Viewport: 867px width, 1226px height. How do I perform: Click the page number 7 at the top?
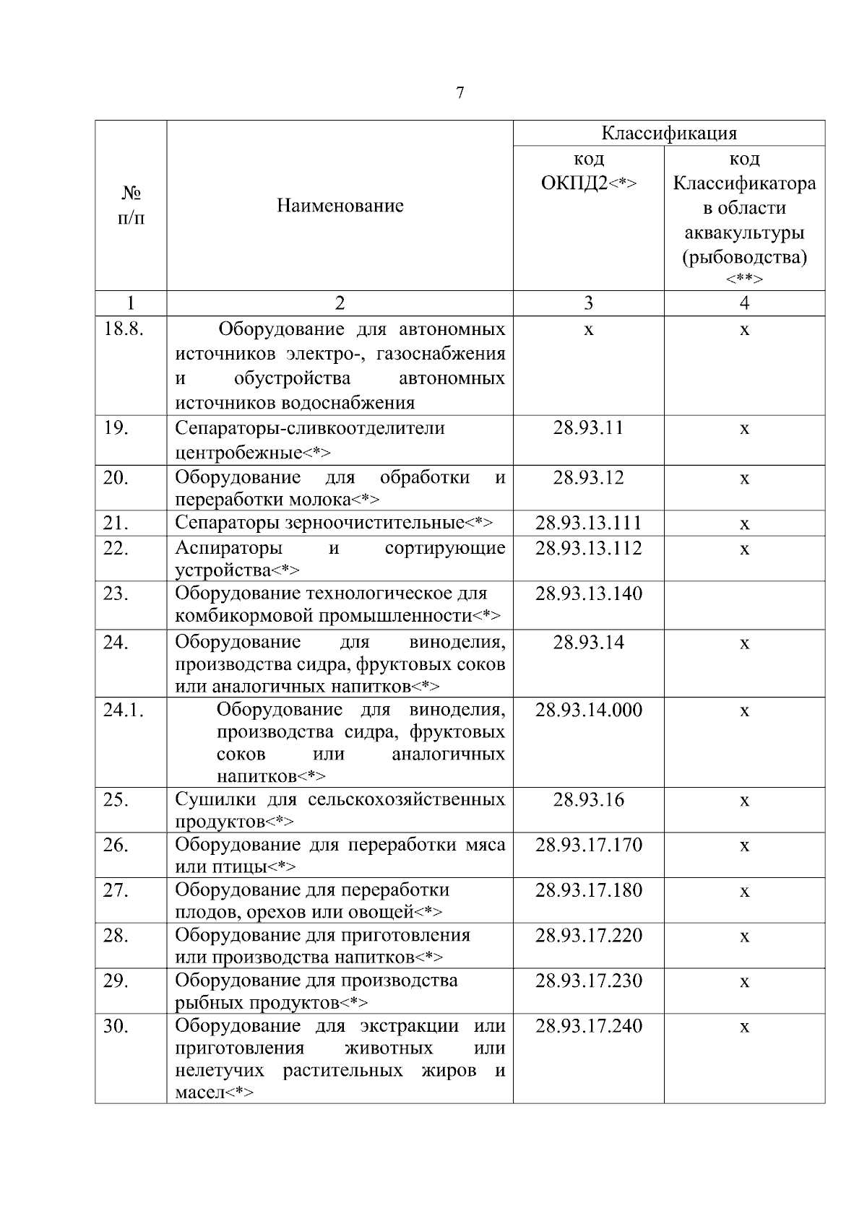pyautogui.click(x=460, y=94)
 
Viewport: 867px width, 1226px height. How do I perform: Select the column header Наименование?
pyautogui.click(x=340, y=206)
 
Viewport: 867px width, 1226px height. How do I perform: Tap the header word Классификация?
pyautogui.click(x=669, y=134)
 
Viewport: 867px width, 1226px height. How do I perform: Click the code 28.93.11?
pyautogui.click(x=588, y=428)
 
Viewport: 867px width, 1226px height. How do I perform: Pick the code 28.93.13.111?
pyautogui.click(x=588, y=523)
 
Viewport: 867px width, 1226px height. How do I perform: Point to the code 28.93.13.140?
pyautogui.click(x=588, y=594)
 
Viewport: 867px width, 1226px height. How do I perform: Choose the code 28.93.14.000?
pyautogui.click(x=588, y=710)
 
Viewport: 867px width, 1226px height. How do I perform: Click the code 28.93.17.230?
pyautogui.click(x=588, y=981)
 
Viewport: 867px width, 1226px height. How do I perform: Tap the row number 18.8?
pyautogui.click(x=124, y=330)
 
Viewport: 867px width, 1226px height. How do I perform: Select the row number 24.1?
pyautogui.click(x=124, y=710)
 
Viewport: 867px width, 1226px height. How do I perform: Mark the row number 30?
pyautogui.click(x=116, y=1026)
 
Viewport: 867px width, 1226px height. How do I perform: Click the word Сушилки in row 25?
pyautogui.click(x=215, y=800)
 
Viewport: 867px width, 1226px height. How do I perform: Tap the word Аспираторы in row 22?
pyautogui.click(x=228, y=549)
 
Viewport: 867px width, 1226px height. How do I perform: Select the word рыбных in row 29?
pyautogui.click(x=210, y=1003)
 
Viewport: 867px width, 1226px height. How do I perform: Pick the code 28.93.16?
pyautogui.click(x=588, y=800)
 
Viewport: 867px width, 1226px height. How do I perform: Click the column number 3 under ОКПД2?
pyautogui.click(x=588, y=303)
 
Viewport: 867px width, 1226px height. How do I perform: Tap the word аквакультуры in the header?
pyautogui.click(x=744, y=233)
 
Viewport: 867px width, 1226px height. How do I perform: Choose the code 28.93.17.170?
pyautogui.click(x=588, y=845)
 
